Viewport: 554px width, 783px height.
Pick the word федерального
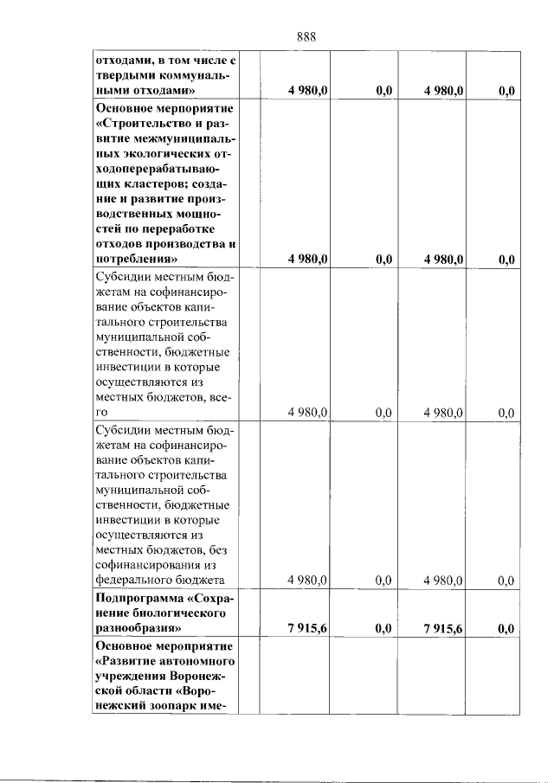134,580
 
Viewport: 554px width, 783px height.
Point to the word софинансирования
147,564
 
